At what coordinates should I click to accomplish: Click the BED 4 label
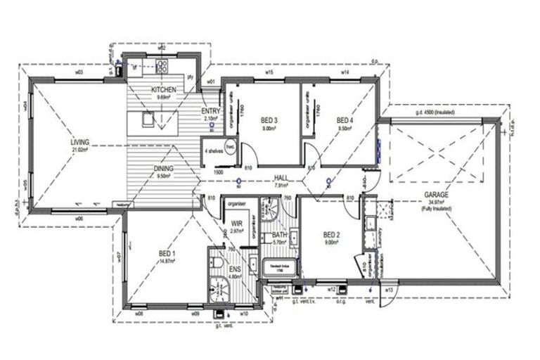pos(345,121)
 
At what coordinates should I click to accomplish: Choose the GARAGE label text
pos(436,194)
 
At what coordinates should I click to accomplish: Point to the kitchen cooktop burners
pos(162,67)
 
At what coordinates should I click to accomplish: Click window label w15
pos(269,72)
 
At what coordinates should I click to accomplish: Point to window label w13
pos(389,289)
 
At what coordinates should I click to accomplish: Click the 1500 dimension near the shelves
pos(218,170)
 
